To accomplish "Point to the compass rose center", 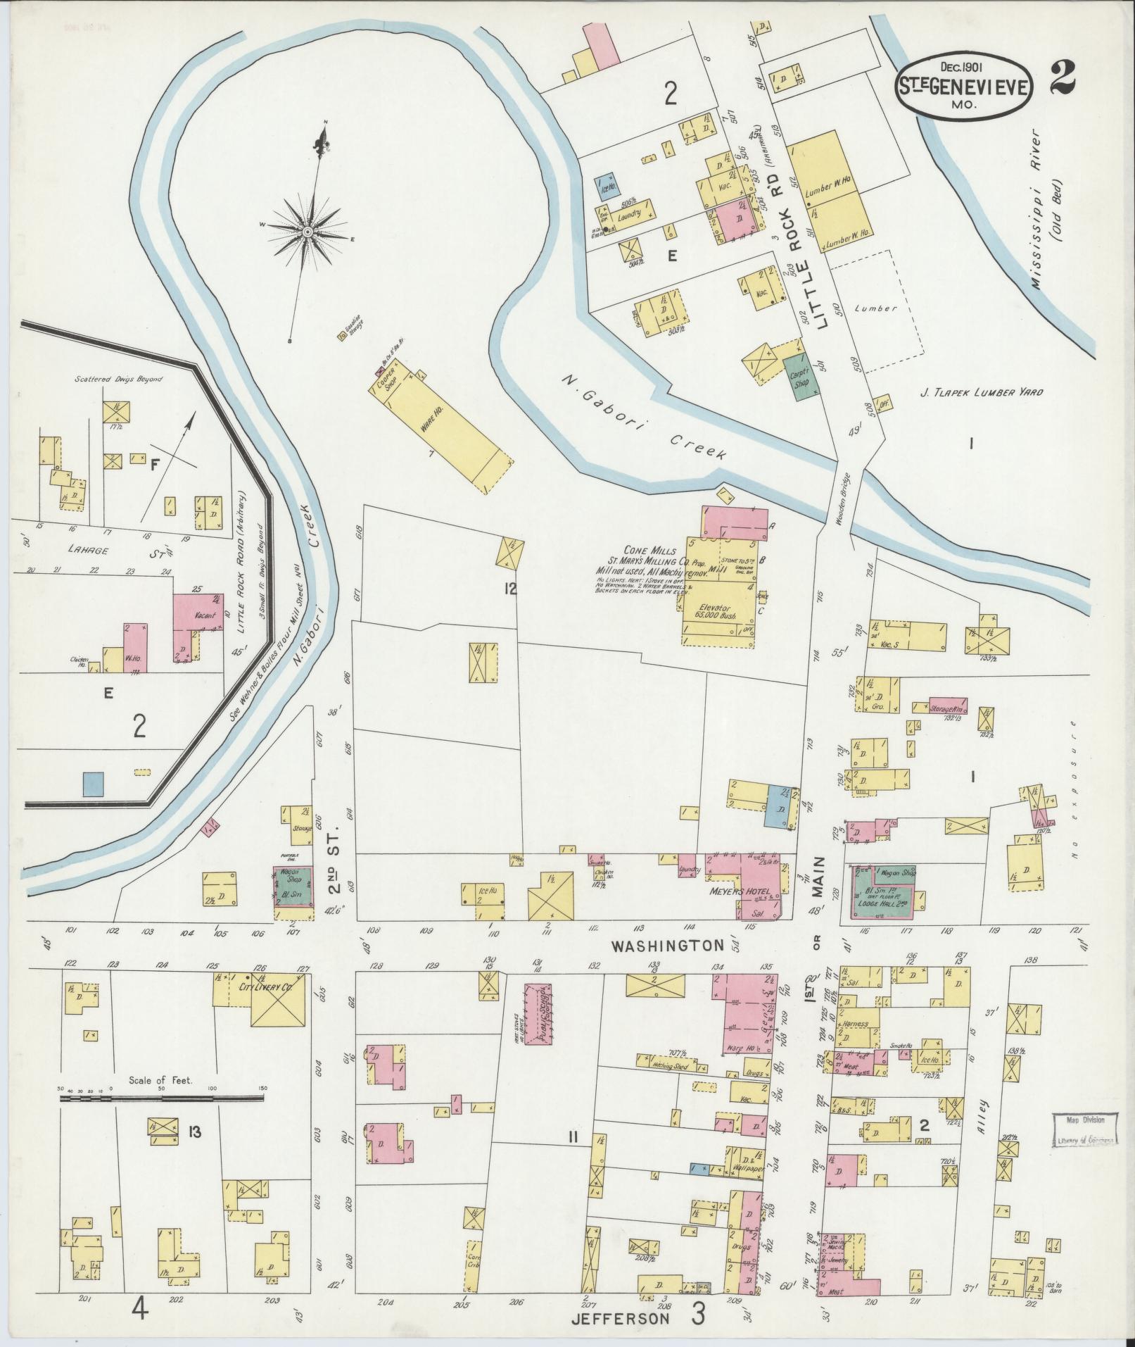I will pos(307,230).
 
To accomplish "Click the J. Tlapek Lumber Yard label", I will pos(989,394).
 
